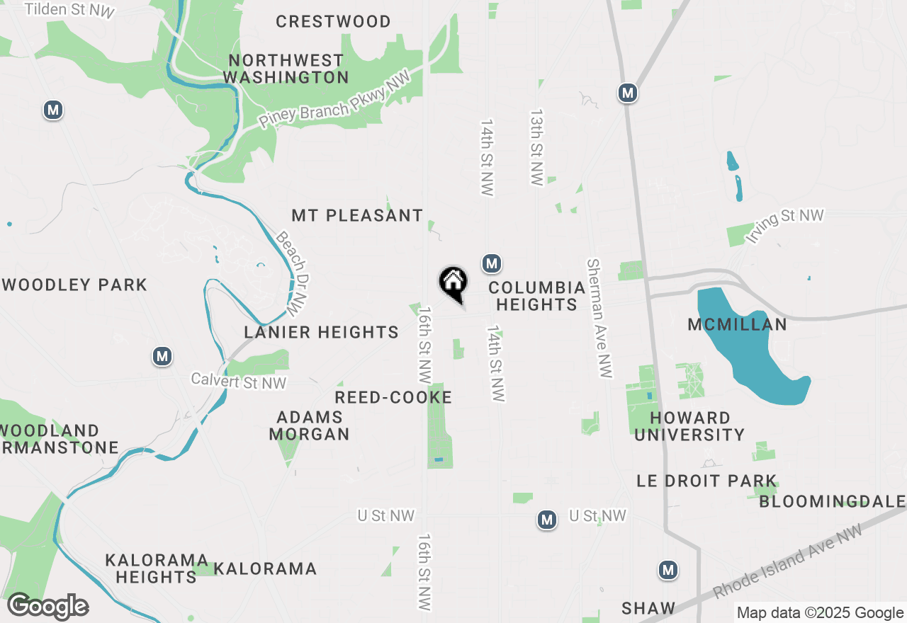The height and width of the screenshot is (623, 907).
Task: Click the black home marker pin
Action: pos(453,283)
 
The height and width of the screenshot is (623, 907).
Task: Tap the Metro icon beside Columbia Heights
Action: pos(492,264)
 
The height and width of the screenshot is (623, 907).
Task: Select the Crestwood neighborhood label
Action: pos(333,22)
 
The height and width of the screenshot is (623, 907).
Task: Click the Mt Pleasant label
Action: pos(357,215)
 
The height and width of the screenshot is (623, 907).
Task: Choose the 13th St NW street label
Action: pos(536,147)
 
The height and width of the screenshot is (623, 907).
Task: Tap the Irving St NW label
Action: pos(786,226)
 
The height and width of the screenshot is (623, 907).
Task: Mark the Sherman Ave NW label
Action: pos(599,318)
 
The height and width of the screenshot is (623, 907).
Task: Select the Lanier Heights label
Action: pos(322,332)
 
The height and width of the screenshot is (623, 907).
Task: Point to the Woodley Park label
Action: pos(74,285)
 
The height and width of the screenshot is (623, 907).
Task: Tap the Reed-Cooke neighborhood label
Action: pos(393,398)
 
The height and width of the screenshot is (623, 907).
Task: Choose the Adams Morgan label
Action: pos(310,425)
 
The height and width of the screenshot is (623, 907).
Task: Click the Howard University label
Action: pos(689,426)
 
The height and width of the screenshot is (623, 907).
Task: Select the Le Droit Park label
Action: pos(706,481)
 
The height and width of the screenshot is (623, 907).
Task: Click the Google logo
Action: pos(48,607)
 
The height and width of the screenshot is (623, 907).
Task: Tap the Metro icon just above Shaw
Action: pos(668,570)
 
